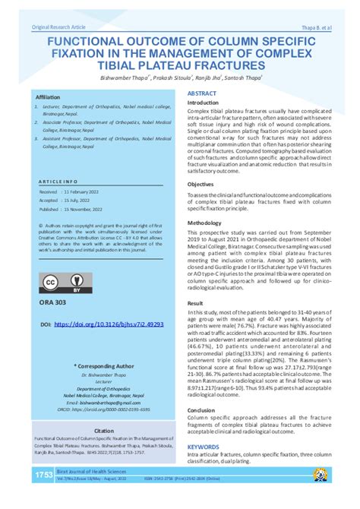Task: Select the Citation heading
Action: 104,430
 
